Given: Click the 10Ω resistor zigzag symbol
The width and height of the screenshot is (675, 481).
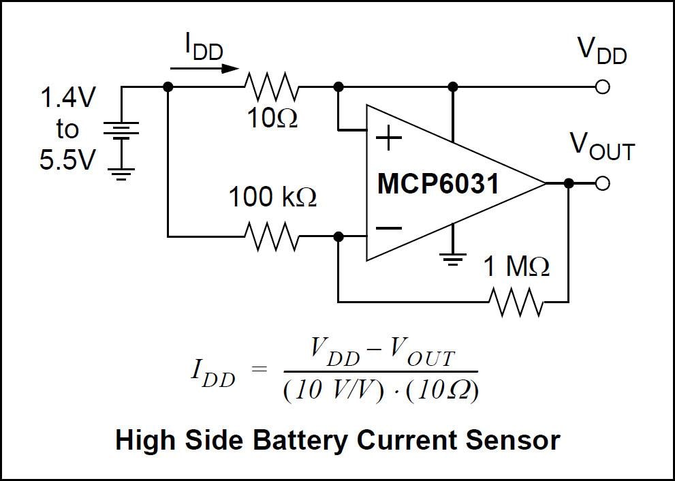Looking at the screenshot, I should click(x=271, y=87).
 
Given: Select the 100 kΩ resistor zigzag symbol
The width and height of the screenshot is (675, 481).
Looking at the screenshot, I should click(x=271, y=236).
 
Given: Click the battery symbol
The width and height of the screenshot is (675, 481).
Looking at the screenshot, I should click(x=121, y=130).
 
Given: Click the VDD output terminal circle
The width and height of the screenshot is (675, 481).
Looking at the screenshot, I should click(x=602, y=87).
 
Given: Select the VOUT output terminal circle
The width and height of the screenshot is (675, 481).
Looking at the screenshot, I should click(x=602, y=183).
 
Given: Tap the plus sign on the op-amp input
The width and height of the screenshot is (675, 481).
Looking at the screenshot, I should click(x=389, y=139).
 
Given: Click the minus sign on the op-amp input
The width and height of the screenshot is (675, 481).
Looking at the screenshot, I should click(x=389, y=228).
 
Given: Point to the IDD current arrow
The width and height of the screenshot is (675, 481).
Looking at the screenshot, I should click(x=204, y=68).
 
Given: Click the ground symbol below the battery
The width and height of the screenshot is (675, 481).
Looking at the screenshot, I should click(x=121, y=174).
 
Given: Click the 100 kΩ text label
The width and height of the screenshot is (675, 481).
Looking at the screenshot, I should click(x=272, y=198).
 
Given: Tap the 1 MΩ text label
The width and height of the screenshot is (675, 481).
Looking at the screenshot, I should click(x=516, y=267).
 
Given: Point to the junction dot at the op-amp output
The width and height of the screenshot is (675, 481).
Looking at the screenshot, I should click(x=569, y=183).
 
